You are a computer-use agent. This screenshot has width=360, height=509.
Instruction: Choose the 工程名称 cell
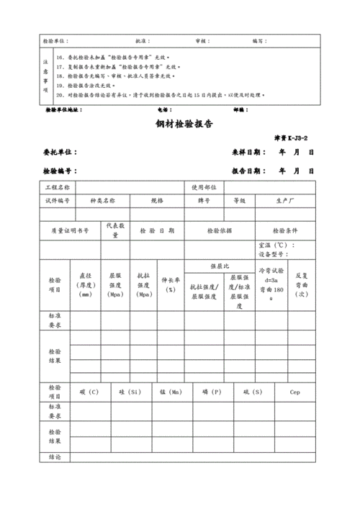pyautogui.click(x=58, y=187)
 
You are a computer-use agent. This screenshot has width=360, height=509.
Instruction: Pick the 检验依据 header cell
pyautogui.click(x=219, y=230)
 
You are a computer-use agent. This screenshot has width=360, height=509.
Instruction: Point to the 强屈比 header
pyautogui.click(x=219, y=266)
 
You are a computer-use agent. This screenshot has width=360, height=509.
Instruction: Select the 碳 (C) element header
pyautogui.click(x=90, y=392)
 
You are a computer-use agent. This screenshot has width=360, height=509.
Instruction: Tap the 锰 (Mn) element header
pyautogui.click(x=171, y=392)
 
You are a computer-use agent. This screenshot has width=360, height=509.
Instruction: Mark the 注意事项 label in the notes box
pyautogui.click(x=45, y=76)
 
